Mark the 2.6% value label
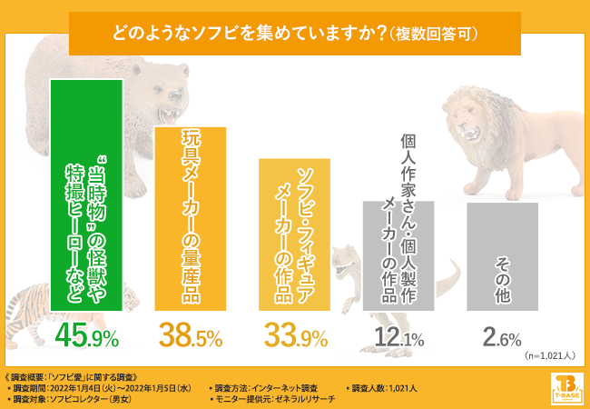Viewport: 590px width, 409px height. (x=502, y=339)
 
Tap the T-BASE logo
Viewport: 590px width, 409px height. (x=565, y=387)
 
